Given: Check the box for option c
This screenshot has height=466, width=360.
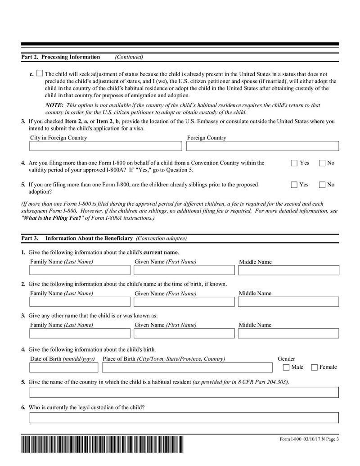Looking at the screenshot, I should (40, 73).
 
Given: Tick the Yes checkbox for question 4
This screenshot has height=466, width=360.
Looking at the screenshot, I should (294, 163).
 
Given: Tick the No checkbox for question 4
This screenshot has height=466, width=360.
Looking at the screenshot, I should (322, 163).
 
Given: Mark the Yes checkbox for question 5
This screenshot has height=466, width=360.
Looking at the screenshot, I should (294, 185).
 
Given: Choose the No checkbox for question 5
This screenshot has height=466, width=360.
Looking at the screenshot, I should (322, 185).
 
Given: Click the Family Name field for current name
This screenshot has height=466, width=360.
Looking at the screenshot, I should (80, 270).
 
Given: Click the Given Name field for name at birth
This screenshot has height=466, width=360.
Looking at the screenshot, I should (184, 302).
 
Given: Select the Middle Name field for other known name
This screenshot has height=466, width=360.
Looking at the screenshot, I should (288, 333).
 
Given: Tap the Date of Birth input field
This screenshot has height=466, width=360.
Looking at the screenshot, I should (63, 367).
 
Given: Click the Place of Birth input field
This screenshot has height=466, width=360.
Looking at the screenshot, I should (187, 367).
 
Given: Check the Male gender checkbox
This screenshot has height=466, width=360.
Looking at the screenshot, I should (286, 367).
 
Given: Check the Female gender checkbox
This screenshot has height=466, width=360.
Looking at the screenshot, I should (315, 367).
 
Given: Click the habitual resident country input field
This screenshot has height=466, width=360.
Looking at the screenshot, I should (184, 393).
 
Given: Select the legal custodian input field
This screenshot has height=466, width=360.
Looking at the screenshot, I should (184, 418).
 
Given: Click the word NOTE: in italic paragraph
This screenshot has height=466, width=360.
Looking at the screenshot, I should (54, 105).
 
